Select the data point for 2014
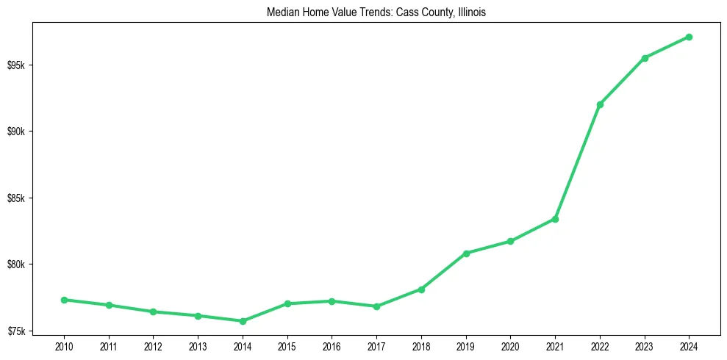click(243, 321)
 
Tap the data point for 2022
click(600, 104)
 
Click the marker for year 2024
click(689, 37)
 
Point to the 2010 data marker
click(64, 300)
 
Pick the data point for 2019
click(466, 253)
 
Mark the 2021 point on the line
click(555, 219)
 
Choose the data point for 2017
click(376, 306)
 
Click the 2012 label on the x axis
click(153, 346)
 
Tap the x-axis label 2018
click(421, 346)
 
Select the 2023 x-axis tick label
click(645, 346)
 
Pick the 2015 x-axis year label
click(287, 346)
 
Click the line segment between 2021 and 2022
click(578, 162)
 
